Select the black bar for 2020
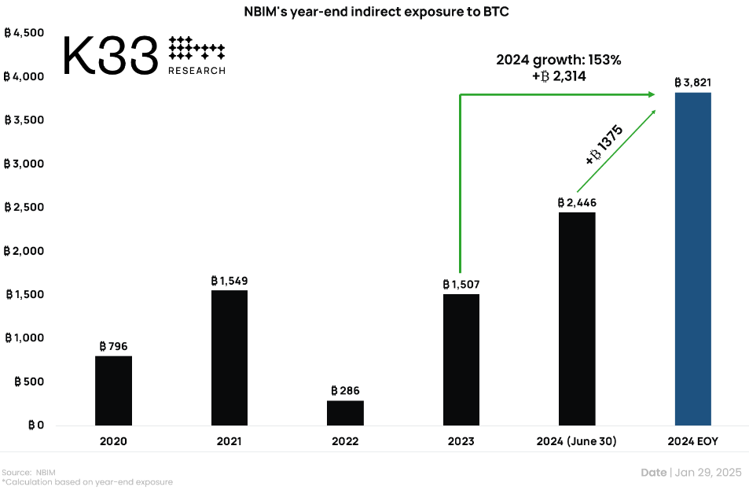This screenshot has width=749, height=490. click(x=113, y=391)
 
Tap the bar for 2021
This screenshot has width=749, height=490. click(x=229, y=358)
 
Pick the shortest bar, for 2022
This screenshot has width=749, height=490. click(x=345, y=413)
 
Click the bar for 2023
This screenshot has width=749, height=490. click(x=461, y=360)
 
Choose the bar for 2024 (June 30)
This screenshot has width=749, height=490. click(x=577, y=319)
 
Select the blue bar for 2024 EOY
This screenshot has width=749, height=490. click(x=693, y=259)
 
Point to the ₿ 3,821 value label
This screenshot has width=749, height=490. click(x=693, y=82)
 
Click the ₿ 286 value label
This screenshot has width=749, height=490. click(x=345, y=390)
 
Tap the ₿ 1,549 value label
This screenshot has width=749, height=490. click(x=229, y=280)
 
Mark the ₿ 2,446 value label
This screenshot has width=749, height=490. click(x=577, y=202)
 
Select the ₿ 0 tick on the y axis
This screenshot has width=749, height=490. click(x=35, y=426)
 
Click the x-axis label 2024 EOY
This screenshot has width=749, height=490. click(x=692, y=441)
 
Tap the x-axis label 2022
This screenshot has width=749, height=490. click(x=345, y=441)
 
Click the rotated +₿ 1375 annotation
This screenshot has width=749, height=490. click(x=604, y=145)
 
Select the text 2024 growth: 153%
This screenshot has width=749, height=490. click(x=559, y=60)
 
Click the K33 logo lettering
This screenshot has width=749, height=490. click(x=109, y=56)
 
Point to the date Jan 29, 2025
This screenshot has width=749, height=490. click(x=707, y=472)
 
